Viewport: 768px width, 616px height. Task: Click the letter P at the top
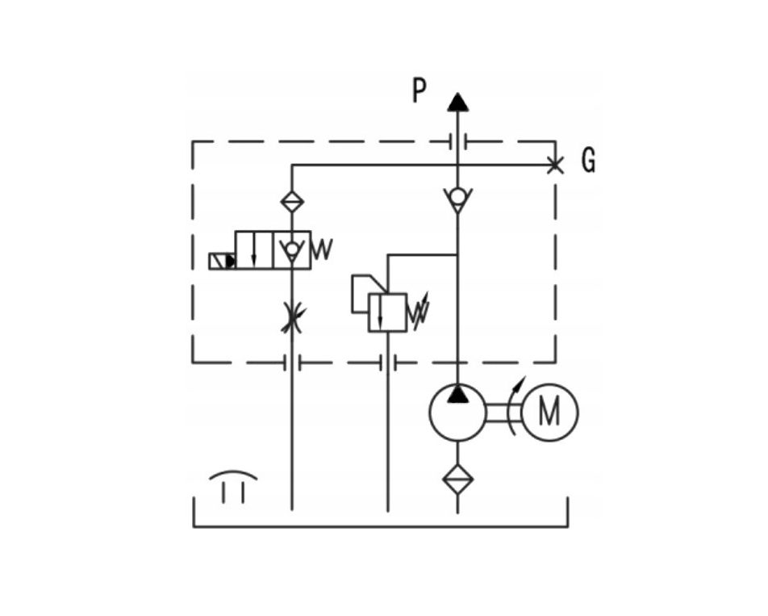[x=419, y=91]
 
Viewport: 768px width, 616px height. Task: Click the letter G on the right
[x=588, y=160]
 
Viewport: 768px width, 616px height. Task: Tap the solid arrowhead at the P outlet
[x=457, y=102]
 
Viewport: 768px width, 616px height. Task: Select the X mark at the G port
[x=554, y=166]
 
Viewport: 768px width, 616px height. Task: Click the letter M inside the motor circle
[x=549, y=412]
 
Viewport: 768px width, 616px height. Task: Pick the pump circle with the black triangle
[x=457, y=413]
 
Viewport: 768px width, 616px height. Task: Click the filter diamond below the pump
[x=457, y=479]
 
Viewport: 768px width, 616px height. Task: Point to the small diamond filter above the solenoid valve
[x=292, y=201]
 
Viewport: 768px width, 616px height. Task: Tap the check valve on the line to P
[x=457, y=199]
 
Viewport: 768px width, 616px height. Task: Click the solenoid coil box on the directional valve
[x=222, y=262]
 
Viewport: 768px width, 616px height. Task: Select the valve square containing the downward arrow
[x=253, y=250]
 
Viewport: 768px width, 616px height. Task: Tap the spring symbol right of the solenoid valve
[x=322, y=249]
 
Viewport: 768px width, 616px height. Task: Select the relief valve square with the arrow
[x=387, y=312]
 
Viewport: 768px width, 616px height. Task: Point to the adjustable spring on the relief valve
[x=418, y=311]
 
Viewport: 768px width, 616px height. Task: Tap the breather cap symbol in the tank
[x=233, y=487]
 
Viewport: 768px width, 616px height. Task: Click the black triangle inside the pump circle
[x=457, y=394]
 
